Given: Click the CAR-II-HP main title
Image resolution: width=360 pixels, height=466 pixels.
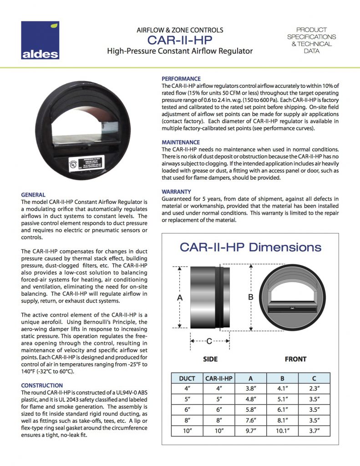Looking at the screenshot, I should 180,41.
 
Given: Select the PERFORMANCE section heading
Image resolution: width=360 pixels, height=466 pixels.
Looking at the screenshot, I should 181,79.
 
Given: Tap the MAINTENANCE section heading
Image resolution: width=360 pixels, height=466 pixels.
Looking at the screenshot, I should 181,142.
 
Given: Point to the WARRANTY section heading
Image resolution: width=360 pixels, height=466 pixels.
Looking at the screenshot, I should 177,192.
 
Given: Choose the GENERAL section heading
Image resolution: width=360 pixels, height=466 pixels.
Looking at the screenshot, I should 33,195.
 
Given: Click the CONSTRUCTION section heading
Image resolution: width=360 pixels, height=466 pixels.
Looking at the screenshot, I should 42,385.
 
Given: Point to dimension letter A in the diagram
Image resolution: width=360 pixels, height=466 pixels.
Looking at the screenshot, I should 179,297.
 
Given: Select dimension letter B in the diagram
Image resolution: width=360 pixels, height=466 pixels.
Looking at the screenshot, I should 250,297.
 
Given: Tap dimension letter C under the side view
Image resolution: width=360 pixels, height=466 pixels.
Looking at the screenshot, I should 209,341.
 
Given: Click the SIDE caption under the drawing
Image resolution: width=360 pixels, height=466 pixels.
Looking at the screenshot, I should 210,359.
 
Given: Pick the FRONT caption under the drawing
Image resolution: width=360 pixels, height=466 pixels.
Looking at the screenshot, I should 295,359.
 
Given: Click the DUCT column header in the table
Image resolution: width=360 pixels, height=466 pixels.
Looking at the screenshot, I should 187,378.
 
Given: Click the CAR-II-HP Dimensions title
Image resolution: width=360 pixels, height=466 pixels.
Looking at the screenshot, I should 250,248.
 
